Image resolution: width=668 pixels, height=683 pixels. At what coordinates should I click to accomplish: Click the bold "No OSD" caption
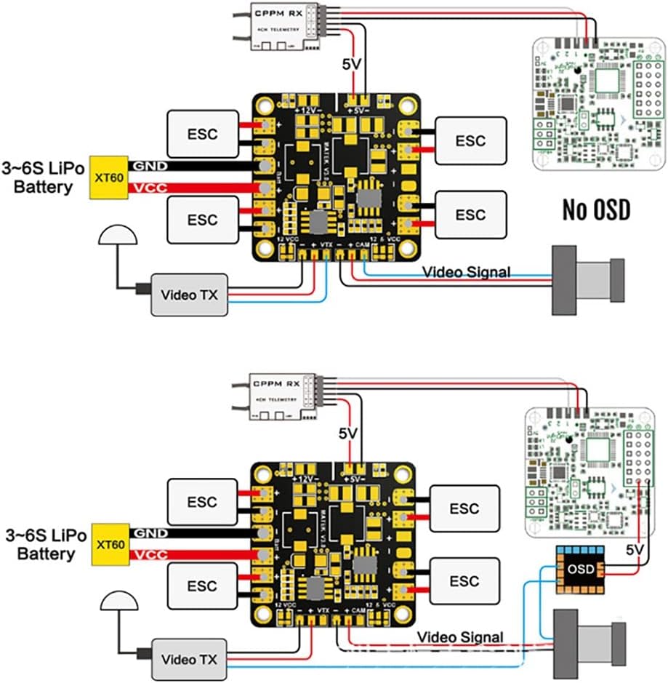pyautogui.click(x=596, y=209)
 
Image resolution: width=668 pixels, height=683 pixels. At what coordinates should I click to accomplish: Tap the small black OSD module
pyautogui.click(x=580, y=567)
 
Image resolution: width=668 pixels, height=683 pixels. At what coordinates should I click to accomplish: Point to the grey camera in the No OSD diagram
pyautogui.click(x=587, y=280)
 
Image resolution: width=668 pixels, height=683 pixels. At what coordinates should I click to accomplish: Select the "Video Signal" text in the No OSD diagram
pyautogui.click(x=466, y=272)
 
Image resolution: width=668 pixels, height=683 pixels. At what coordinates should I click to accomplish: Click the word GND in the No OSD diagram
pyautogui.click(x=150, y=166)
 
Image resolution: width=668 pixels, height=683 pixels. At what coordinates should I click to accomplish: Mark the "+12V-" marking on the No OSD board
pyautogui.click(x=307, y=109)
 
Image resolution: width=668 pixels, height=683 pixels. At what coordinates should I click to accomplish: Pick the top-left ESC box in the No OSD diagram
pyautogui.click(x=203, y=134)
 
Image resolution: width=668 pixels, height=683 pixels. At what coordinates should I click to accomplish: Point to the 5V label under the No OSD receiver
pyautogui.click(x=352, y=65)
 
